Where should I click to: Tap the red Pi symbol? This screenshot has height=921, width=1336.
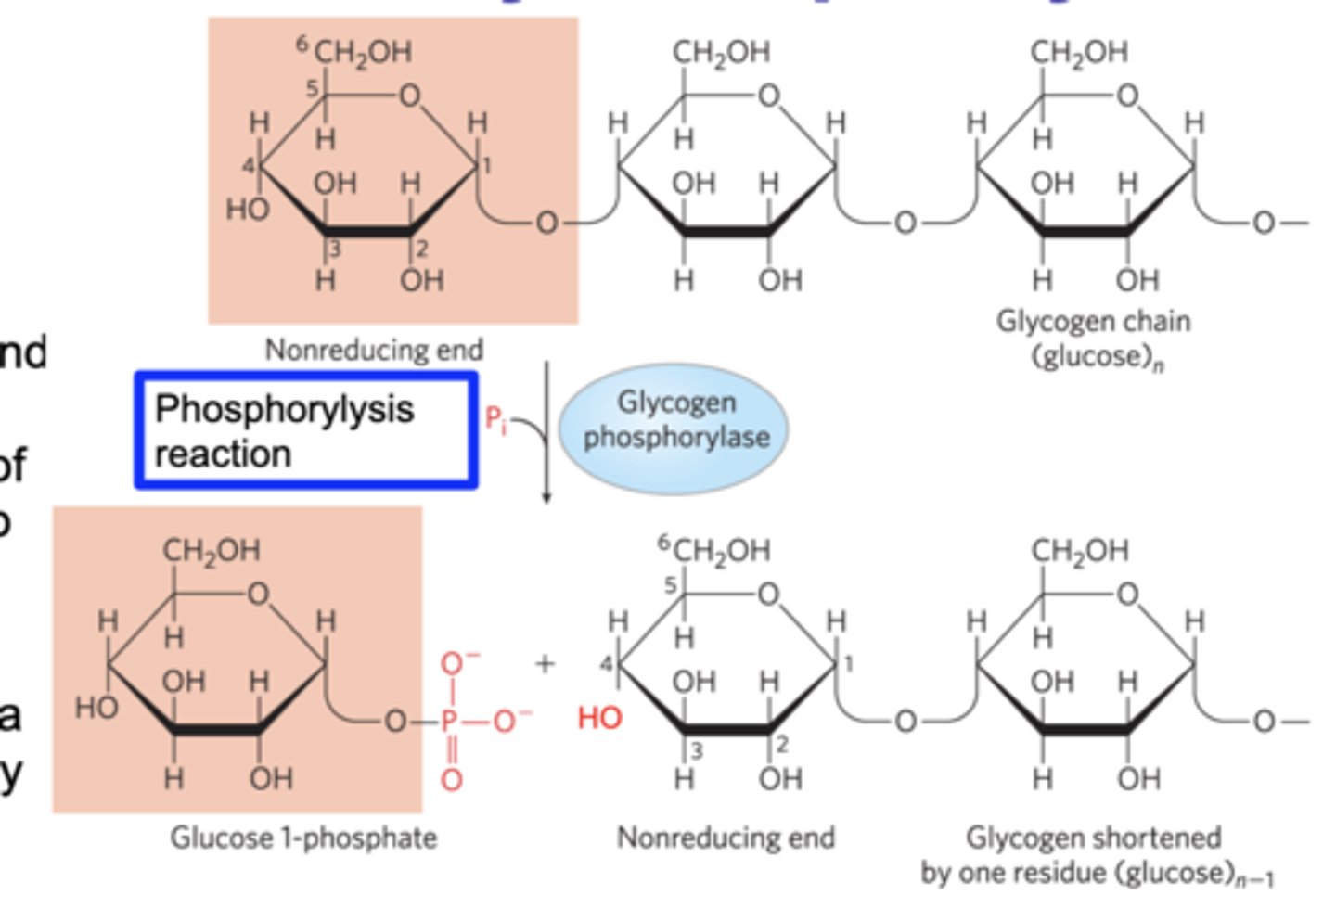point(496,420)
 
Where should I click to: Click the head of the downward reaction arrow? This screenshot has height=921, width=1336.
point(546,498)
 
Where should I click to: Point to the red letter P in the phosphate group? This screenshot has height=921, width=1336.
point(450,721)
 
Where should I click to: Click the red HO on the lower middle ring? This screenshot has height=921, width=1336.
point(599,717)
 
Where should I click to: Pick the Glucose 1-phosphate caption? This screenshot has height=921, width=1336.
point(303,838)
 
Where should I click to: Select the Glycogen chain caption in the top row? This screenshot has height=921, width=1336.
point(1094,338)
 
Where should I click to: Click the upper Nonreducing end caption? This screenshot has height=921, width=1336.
point(374,350)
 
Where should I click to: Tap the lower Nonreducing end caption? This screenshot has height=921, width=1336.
point(726,838)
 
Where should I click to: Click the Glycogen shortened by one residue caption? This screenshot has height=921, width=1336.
point(1095,854)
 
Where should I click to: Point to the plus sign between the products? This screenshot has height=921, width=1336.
point(545,663)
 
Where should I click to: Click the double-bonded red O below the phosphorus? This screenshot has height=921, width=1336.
point(451,779)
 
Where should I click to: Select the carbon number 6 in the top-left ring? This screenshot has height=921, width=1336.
point(302,43)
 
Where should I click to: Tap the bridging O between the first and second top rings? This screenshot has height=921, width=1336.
point(546,223)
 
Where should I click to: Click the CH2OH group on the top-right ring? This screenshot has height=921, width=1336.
point(1079,52)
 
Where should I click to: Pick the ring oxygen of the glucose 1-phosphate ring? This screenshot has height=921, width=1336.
point(258,593)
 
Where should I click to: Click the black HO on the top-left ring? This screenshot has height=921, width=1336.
point(247,210)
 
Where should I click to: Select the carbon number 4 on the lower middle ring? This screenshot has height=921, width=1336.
point(605,664)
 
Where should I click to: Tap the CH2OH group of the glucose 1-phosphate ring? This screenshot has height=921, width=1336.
point(212,551)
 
